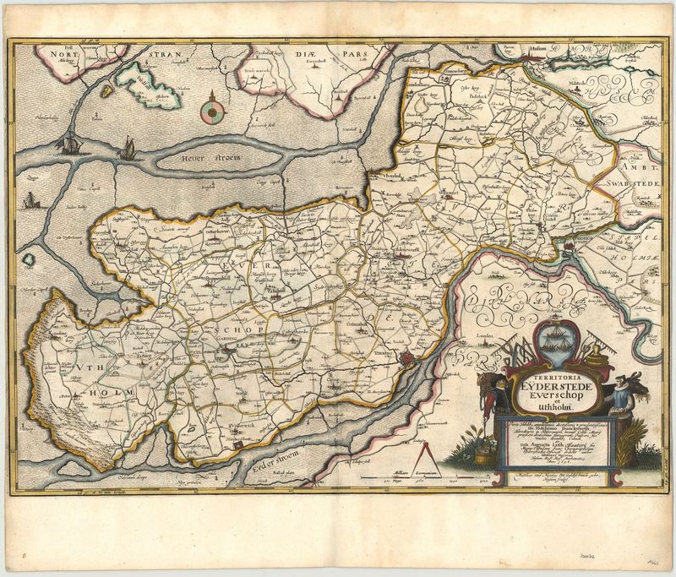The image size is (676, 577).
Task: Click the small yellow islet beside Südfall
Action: (x=108, y=87)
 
